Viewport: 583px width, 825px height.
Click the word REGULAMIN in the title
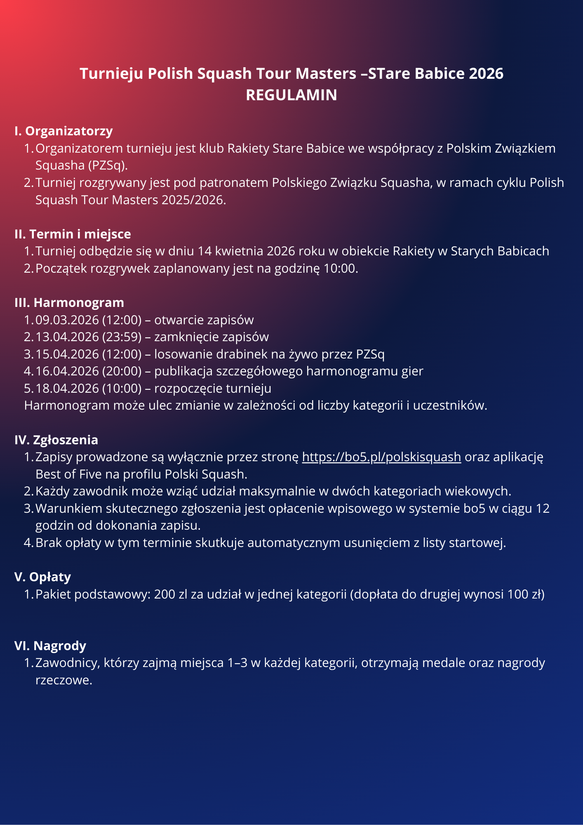pyautogui.click(x=291, y=95)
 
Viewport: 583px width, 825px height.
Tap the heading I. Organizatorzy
pyautogui.click(x=63, y=131)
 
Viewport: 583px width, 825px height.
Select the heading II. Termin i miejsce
pyautogui.click(x=73, y=234)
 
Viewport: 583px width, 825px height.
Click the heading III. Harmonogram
pyautogui.click(x=69, y=302)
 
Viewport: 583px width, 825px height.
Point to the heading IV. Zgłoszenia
pyautogui.click(x=56, y=440)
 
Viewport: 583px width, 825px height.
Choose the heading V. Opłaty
pyautogui.click(x=42, y=577)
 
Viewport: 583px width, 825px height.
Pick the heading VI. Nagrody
pyautogui.click(x=50, y=645)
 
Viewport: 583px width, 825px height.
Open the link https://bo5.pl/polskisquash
pyautogui.click(x=381, y=457)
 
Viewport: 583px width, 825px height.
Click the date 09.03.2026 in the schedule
pyautogui.click(x=67, y=320)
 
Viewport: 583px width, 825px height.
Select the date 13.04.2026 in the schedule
pyautogui.click(x=67, y=337)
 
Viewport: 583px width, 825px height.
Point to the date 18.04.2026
pyautogui.click(x=67, y=388)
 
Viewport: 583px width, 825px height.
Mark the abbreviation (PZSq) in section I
pyautogui.click(x=107, y=165)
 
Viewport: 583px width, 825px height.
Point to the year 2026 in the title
pyautogui.click(x=486, y=73)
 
